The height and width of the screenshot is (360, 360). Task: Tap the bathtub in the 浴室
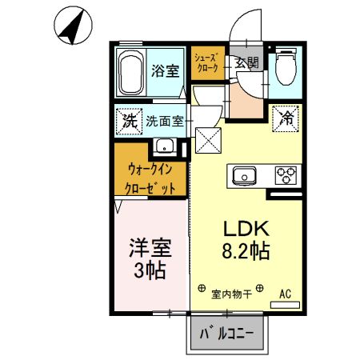133,74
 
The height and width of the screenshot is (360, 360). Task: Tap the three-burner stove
286,174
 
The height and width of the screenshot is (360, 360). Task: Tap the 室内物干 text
231,294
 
